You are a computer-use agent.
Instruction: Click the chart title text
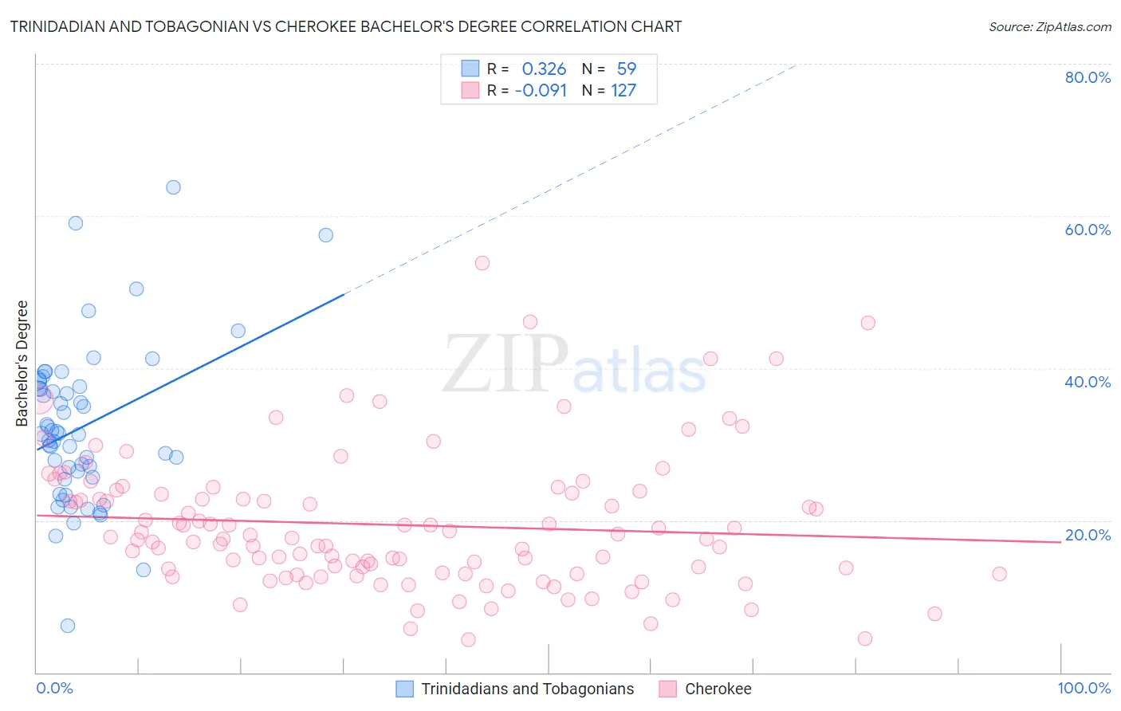click(x=346, y=26)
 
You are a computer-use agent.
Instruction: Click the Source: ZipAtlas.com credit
click(x=1049, y=27)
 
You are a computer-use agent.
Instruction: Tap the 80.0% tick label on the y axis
click(x=1088, y=77)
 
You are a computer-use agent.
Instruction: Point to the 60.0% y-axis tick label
click(x=1088, y=230)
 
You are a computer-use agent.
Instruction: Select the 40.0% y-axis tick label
click(x=1088, y=382)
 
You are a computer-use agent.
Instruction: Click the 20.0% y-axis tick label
click(x=1088, y=535)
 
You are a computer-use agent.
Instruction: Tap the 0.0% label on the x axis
click(x=54, y=688)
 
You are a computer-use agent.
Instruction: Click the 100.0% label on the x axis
click(x=1084, y=688)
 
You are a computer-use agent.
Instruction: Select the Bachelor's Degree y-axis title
click(x=22, y=363)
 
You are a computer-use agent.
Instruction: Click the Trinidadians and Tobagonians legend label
click(x=527, y=689)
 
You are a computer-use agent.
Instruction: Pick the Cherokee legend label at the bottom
click(x=718, y=689)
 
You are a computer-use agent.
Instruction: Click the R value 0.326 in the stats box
click(x=544, y=69)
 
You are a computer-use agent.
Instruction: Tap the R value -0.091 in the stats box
click(x=541, y=91)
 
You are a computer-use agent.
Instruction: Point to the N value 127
click(x=623, y=91)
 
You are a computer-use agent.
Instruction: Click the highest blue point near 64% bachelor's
click(x=173, y=187)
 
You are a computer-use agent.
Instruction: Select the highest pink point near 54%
click(x=482, y=263)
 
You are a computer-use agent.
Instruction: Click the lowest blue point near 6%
click(x=68, y=626)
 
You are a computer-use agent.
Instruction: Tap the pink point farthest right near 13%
click(x=999, y=574)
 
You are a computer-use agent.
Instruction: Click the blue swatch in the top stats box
click(x=470, y=69)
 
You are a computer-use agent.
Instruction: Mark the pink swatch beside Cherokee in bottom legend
click(x=668, y=689)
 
